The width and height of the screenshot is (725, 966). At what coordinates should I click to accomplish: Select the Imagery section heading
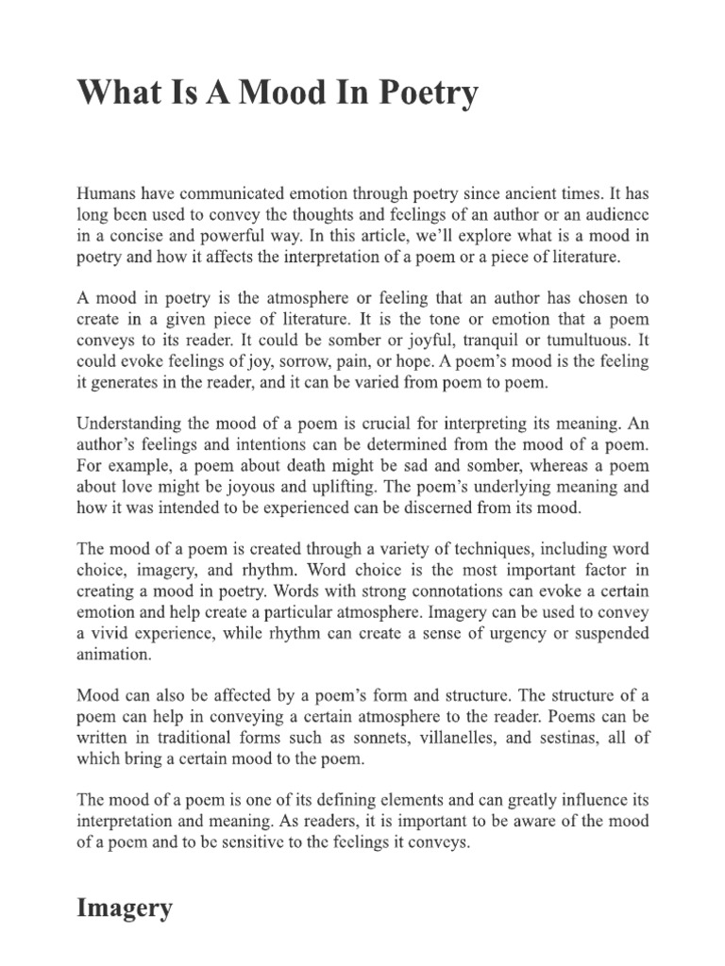125,908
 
